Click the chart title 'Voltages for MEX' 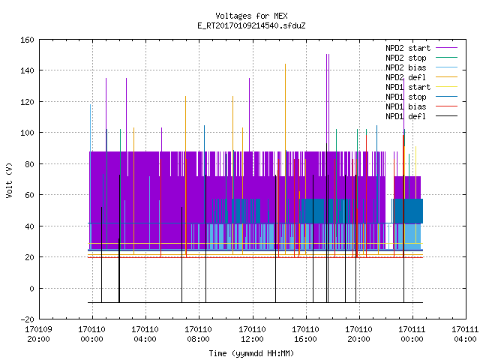point(251,16)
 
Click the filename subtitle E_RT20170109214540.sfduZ point(251,25)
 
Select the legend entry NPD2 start point(421,48)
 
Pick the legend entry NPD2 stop point(421,58)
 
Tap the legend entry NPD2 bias point(421,67)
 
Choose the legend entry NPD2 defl point(421,77)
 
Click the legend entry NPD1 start point(421,87)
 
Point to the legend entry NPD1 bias point(421,106)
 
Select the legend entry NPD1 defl point(421,116)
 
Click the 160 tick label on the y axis point(27,40)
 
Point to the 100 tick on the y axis point(27,133)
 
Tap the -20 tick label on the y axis point(27,319)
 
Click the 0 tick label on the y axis point(31,288)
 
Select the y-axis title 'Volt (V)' point(10,180)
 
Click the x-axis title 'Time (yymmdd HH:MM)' point(251,353)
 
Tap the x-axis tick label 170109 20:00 point(38,334)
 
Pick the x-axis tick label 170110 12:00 point(252,334)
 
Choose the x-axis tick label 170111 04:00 point(466,334)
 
